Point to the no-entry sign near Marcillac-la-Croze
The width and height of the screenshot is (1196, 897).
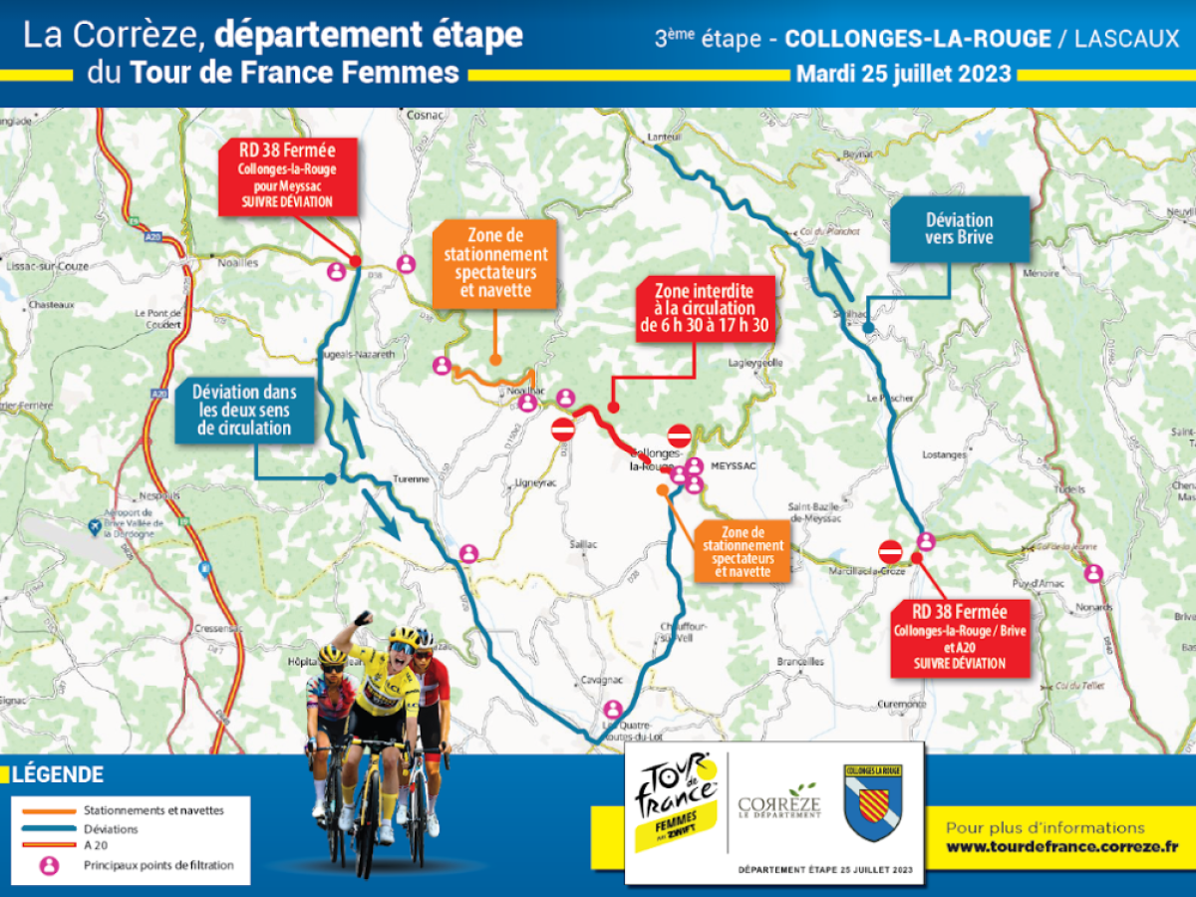point(890,551)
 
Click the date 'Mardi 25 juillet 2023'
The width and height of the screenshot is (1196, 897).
point(903,75)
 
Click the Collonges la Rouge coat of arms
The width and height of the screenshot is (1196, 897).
point(872,802)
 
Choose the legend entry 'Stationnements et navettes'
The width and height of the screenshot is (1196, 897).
point(154,810)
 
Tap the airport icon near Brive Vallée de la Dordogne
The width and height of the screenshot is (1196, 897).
point(95,524)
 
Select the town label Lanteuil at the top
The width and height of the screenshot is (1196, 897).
point(664,136)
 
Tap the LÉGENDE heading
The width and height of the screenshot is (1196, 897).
point(58,774)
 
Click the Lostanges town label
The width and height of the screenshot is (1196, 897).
point(944,454)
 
